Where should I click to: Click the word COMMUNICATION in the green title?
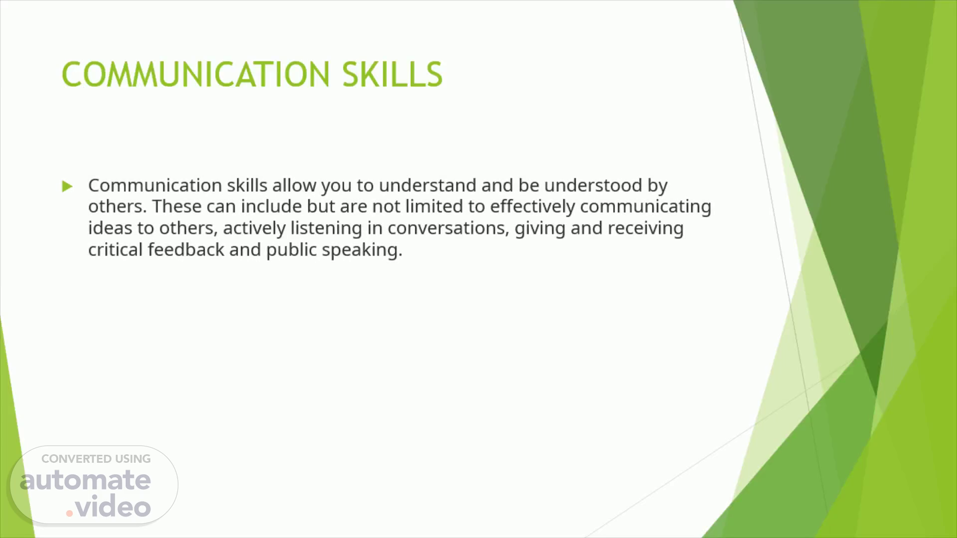[x=195, y=74]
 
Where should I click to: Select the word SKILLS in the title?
[x=392, y=74]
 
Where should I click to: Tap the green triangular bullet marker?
[x=67, y=186]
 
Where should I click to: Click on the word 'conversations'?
[x=449, y=229]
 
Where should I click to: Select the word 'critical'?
[x=116, y=250]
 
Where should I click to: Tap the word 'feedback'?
[x=186, y=250]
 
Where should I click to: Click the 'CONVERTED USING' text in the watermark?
[x=96, y=459]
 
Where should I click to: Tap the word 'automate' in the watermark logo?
[x=85, y=480]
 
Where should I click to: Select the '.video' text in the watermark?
[x=108, y=507]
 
